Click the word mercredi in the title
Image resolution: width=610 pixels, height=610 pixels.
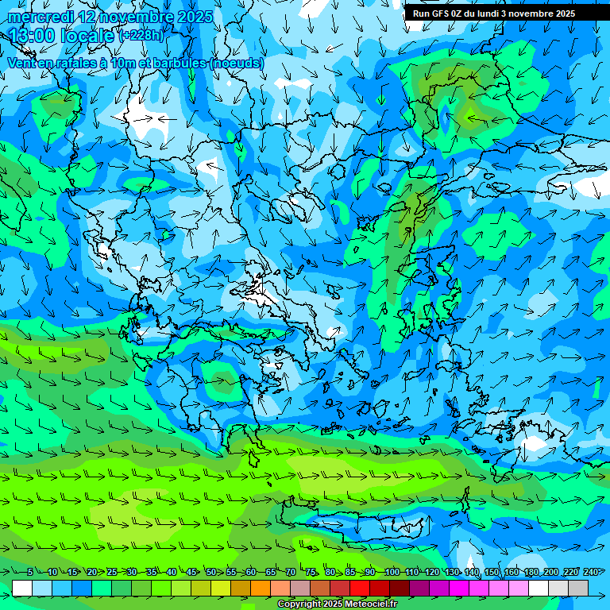coord(41,17)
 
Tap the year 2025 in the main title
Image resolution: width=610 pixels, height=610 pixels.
coord(195,17)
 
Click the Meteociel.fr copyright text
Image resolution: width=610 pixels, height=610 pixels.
coord(337,604)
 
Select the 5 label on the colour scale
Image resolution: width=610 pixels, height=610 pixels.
coord(30,572)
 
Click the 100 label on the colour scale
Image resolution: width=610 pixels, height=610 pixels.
coord(392,572)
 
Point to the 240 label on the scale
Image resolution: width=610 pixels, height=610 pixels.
coord(590,572)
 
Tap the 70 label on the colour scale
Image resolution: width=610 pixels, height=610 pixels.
coord(291,572)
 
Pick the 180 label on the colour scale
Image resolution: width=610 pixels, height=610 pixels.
coord(531,572)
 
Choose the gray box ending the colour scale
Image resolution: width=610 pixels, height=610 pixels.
coord(578,588)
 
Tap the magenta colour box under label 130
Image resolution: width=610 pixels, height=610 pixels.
coord(459,588)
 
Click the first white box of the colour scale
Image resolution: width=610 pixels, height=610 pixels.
coord(22,588)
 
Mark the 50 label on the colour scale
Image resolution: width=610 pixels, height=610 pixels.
coord(211,572)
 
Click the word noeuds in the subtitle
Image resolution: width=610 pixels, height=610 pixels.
coord(237,63)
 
